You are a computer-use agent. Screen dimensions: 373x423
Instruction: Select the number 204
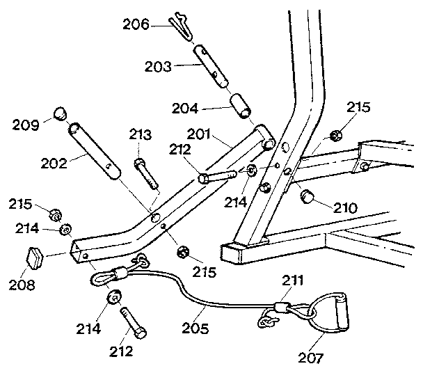(x=185, y=108)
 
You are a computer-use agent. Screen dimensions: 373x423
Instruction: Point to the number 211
(x=293, y=282)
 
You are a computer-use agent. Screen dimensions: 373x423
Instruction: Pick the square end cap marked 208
(x=35, y=257)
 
